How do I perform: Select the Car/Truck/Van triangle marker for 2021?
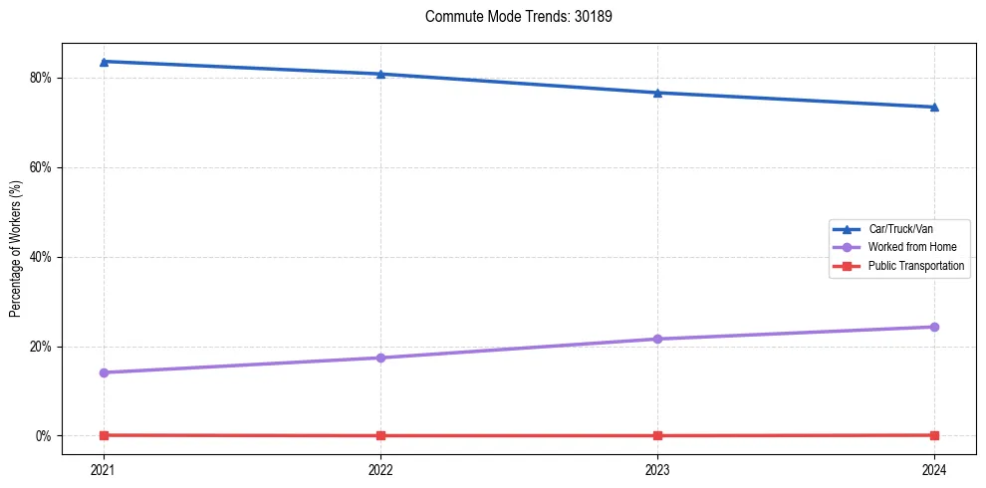(104, 62)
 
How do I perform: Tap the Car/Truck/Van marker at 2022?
(380, 74)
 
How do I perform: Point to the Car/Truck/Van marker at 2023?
(657, 93)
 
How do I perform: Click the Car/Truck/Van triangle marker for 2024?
(934, 107)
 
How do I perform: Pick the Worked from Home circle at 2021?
(104, 372)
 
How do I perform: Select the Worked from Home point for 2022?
(380, 358)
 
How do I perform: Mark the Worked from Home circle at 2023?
(657, 339)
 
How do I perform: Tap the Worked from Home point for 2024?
(934, 327)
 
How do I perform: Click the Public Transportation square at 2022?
(380, 435)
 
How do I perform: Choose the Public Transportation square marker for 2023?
(657, 435)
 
